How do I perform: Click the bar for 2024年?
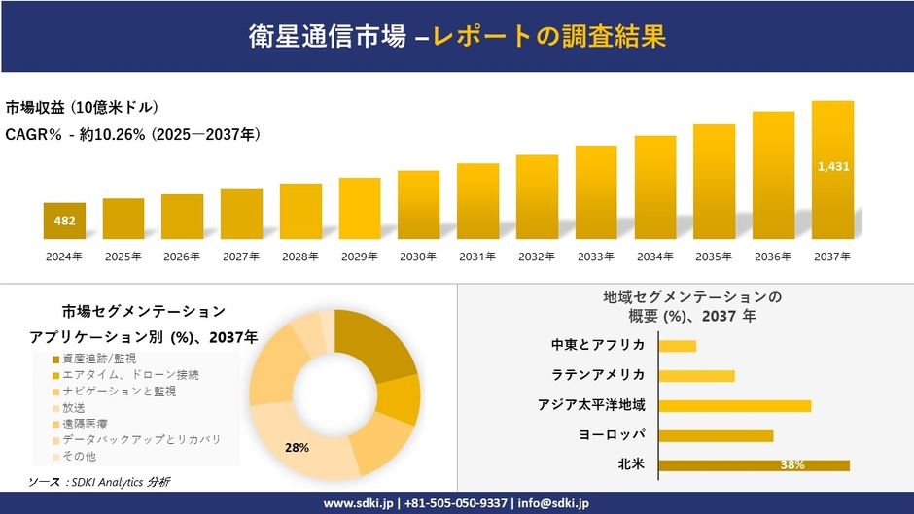pos(64,221)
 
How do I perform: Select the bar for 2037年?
pos(833,170)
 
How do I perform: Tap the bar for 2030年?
pos(419,204)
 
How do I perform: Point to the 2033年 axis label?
pos(596,257)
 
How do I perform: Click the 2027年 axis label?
pos(241,257)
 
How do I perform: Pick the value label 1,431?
pos(833,166)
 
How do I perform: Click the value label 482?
pos(64,221)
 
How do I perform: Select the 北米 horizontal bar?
pos(754,465)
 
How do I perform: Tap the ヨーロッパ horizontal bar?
pos(716,435)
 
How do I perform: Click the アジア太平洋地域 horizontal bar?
pos(734,405)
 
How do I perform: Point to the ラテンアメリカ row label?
pos(597,375)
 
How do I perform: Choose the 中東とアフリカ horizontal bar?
pos(677,346)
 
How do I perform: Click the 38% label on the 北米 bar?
pos(791,465)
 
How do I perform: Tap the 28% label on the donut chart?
pos(297,447)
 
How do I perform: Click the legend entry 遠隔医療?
pos(90,424)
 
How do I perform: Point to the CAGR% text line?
pos(132,133)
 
